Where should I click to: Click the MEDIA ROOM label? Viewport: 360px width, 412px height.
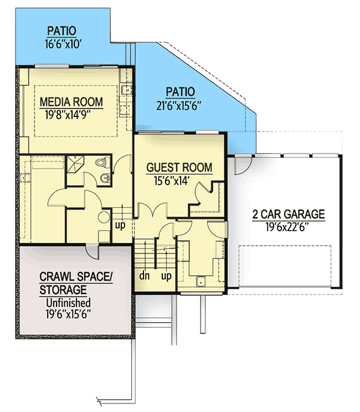[x=71, y=102]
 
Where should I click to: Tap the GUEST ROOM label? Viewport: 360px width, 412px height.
[x=179, y=167]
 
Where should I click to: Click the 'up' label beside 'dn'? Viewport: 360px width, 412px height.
[x=165, y=275]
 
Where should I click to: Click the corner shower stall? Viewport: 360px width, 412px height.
[x=74, y=165]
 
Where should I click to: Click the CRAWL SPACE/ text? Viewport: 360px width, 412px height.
[x=74, y=277]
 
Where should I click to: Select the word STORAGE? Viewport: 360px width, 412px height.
[x=63, y=289]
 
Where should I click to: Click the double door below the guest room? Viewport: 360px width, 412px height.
[x=152, y=211]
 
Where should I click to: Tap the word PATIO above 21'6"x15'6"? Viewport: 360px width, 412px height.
[x=180, y=91]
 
